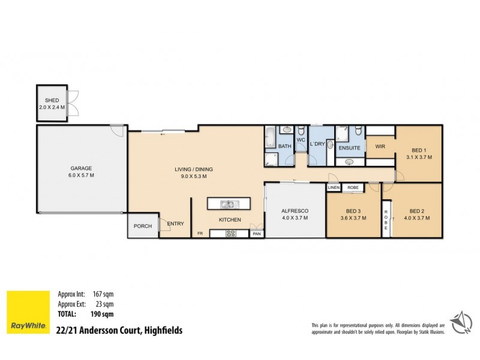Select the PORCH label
(143, 226)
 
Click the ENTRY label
(176, 224)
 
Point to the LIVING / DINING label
(190, 173)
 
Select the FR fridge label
(200, 234)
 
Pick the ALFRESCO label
(295, 214)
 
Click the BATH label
(284, 146)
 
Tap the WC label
(301, 140)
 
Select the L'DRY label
(317, 145)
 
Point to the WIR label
(380, 146)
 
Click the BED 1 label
(418, 154)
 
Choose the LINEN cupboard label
(334, 188)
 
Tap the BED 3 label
(353, 214)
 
